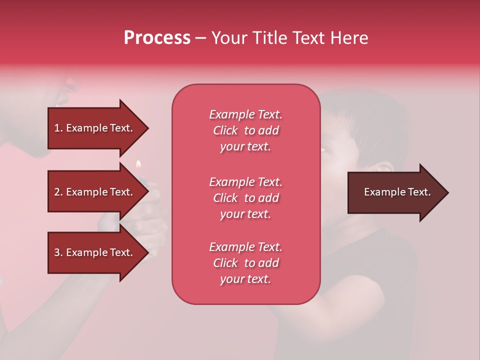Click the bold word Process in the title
pos(157,38)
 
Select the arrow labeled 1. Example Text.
pos(95,128)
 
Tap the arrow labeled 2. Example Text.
pos(95,192)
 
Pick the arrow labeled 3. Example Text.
pos(95,252)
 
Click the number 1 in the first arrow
pos(57,128)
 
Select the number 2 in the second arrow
pos(57,192)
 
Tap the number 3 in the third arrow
pos(57,252)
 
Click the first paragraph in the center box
pos(245,130)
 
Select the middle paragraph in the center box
pos(245,198)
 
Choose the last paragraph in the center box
pos(245,263)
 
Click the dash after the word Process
pos(200,38)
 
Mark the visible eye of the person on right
pos(323,149)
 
